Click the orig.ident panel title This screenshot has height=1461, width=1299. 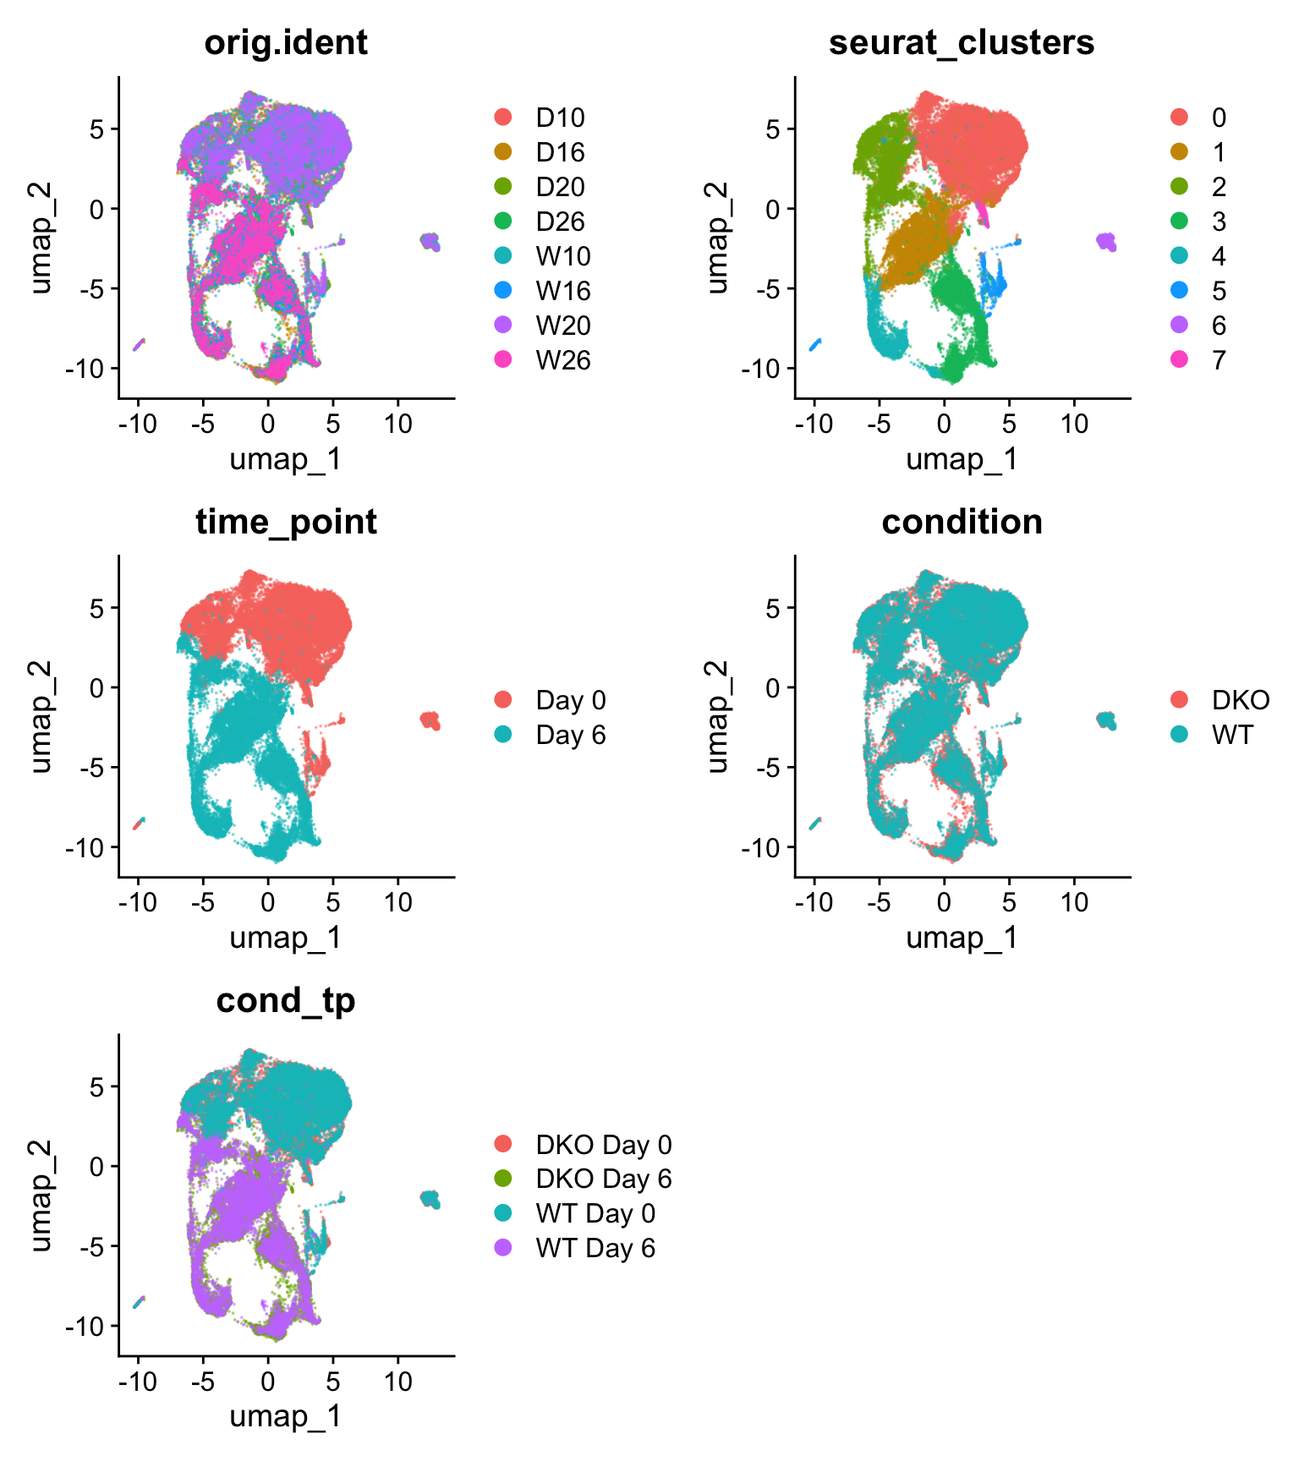point(286,42)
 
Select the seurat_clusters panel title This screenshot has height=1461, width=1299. point(962,42)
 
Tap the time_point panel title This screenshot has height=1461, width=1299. point(286,522)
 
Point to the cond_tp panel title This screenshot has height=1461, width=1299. point(286,1000)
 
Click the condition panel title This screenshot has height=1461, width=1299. point(962,522)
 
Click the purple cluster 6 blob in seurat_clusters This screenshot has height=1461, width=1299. point(1106,242)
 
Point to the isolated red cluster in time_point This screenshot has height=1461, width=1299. point(430,721)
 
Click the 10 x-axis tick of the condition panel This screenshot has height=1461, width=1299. point(1074,902)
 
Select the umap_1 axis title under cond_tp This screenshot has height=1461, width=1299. point(286,1416)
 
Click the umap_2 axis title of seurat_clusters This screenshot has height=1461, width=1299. point(717,238)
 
